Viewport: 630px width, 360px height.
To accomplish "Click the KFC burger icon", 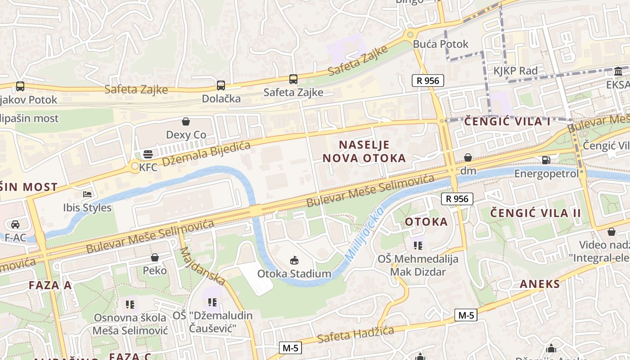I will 148,155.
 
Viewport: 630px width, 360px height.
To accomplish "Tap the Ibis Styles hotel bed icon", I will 88,194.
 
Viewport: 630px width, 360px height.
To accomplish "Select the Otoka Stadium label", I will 294,274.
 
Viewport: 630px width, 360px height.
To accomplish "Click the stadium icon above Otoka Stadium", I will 294,260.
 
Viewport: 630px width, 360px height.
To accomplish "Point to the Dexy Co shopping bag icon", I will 186,121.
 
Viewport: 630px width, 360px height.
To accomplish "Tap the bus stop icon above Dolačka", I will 220,85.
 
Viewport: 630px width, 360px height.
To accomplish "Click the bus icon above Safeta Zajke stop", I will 293,79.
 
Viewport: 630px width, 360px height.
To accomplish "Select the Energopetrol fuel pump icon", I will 546,160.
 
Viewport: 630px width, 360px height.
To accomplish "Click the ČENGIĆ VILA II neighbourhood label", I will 535,213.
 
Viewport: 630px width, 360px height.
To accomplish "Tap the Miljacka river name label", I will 364,233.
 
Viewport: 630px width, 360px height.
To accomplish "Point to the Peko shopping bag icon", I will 155,257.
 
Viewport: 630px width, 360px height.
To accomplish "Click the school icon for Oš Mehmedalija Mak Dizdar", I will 418,245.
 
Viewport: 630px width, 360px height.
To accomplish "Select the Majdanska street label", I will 202,266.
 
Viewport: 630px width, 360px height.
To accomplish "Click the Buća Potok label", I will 441,44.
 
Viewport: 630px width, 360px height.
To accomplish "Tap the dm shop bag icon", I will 468,157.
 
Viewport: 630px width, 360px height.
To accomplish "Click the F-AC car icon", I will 15,224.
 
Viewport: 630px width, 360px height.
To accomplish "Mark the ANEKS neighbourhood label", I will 540,284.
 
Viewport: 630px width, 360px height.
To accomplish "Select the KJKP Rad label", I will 515,71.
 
